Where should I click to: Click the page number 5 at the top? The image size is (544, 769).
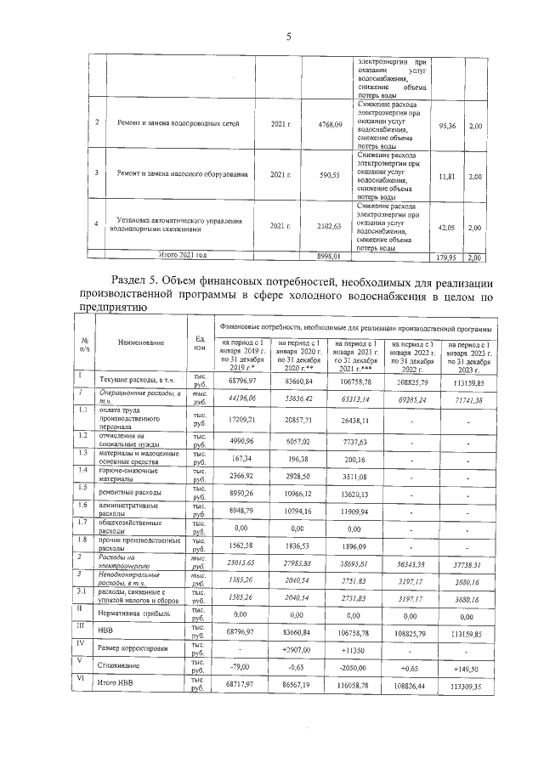point(288,37)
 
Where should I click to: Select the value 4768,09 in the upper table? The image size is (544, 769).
point(328,125)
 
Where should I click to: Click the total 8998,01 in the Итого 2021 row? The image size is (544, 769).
point(328,255)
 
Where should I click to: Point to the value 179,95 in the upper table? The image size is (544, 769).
point(445,257)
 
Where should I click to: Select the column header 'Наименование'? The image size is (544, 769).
point(141,342)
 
